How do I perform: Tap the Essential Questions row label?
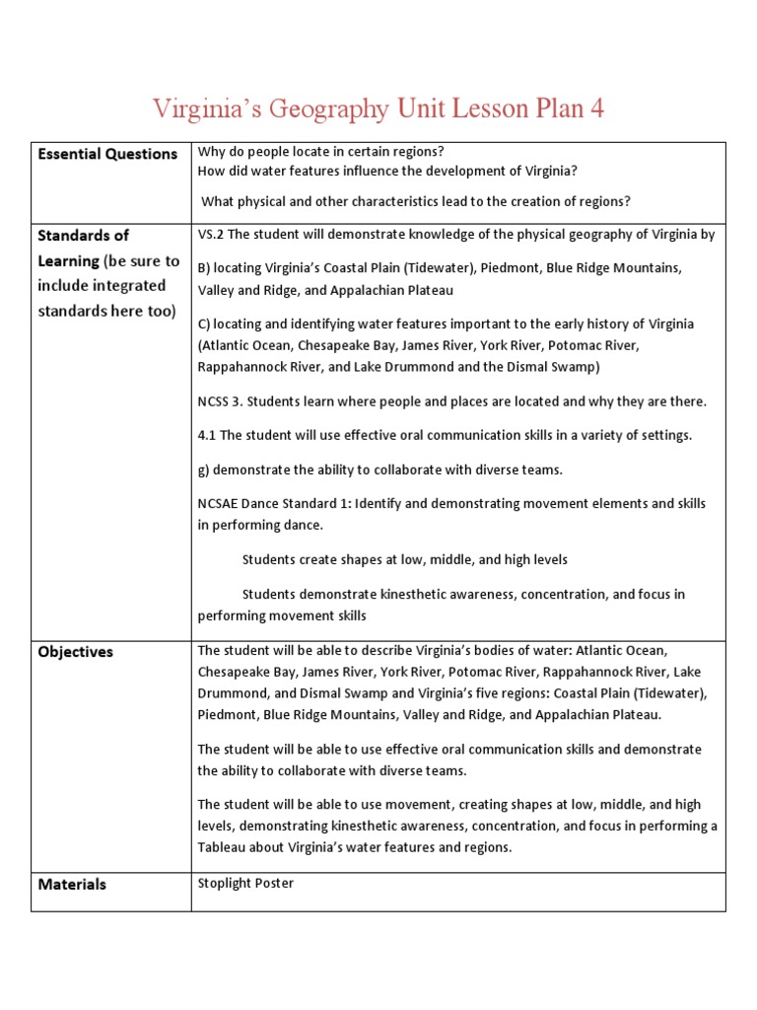(106, 154)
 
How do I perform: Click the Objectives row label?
(75, 652)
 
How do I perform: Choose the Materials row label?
(72, 885)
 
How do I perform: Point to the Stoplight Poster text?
(245, 883)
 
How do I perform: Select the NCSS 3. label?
(222, 401)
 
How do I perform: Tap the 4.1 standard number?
(208, 435)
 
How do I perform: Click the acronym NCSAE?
(222, 503)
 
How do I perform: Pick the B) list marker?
(204, 267)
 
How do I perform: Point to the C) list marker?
(204, 324)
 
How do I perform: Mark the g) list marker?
(204, 469)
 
